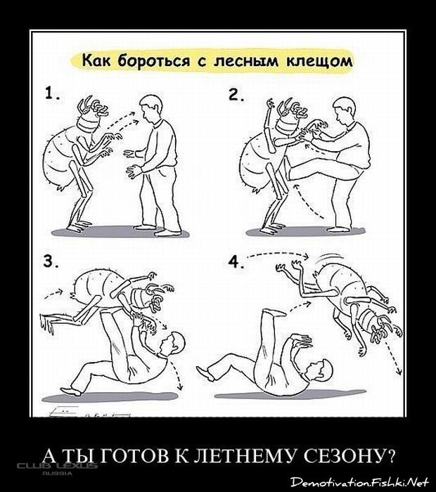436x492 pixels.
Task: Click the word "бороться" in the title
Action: click(153, 60)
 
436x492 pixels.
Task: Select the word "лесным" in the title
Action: click(246, 61)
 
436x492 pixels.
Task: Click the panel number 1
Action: click(51, 93)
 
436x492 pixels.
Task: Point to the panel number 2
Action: click(236, 95)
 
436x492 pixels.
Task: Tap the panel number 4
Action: click(236, 261)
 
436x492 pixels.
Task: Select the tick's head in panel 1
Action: click(91, 117)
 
